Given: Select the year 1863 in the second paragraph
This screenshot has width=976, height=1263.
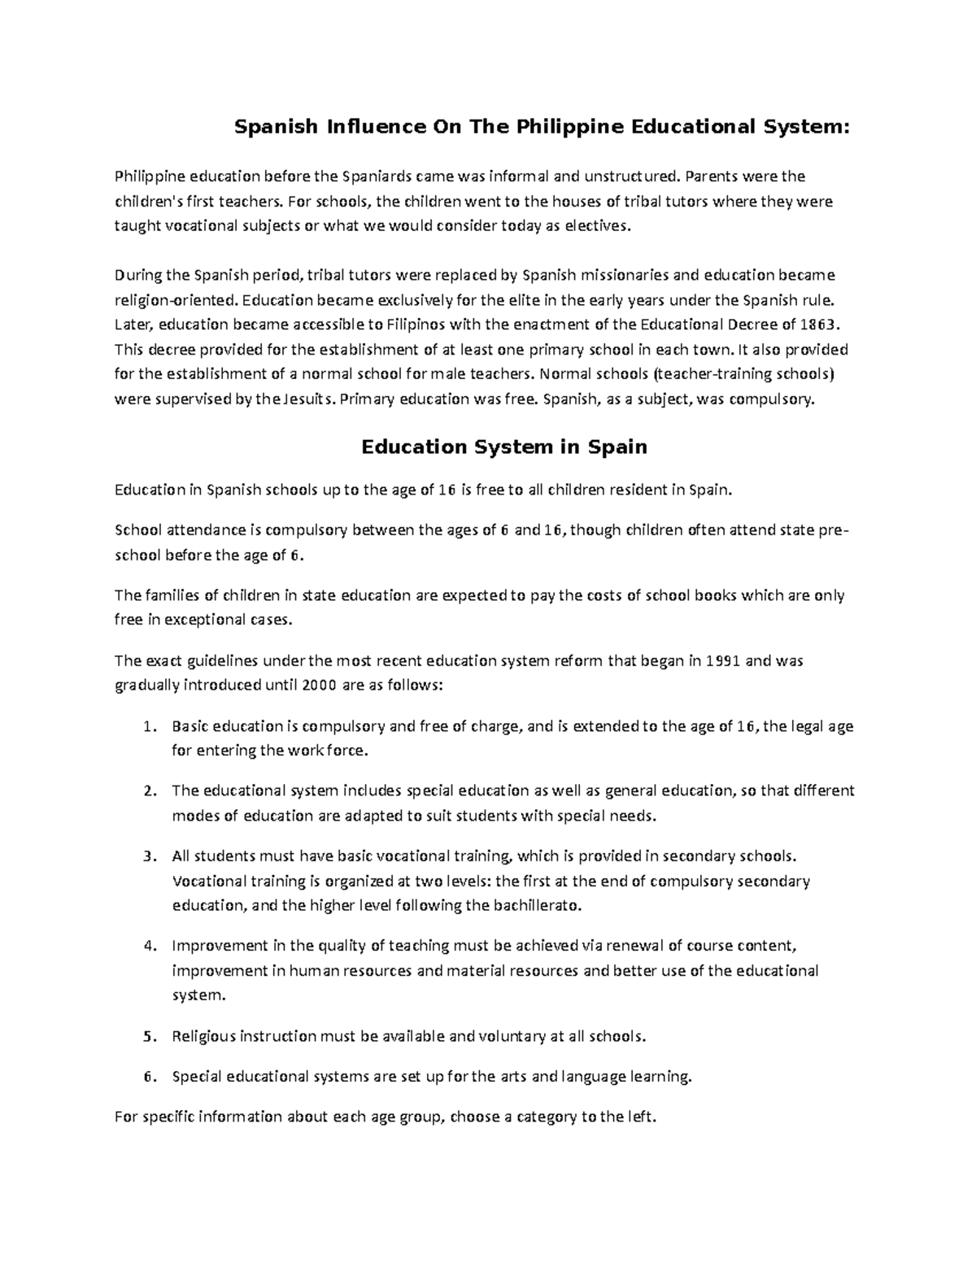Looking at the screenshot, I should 817,324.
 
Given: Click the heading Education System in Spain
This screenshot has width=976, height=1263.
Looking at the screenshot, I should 503,446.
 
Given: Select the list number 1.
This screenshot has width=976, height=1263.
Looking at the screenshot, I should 147,726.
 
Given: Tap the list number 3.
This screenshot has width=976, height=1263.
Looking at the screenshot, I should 147,856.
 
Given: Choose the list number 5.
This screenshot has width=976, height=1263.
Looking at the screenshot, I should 147,1036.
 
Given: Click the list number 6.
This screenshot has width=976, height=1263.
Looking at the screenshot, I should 147,1077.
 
